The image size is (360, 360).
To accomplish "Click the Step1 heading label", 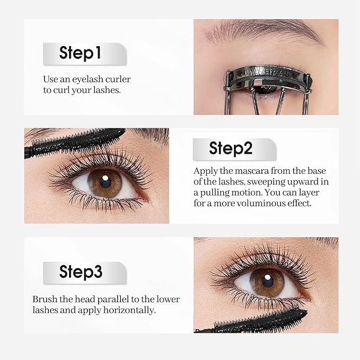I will click(80, 53).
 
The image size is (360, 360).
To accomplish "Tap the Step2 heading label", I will click(231, 148).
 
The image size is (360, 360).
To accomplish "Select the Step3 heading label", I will click(81, 272).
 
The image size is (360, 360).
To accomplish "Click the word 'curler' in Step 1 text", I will click(117, 80).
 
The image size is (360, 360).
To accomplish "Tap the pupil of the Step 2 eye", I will click(104, 181).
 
